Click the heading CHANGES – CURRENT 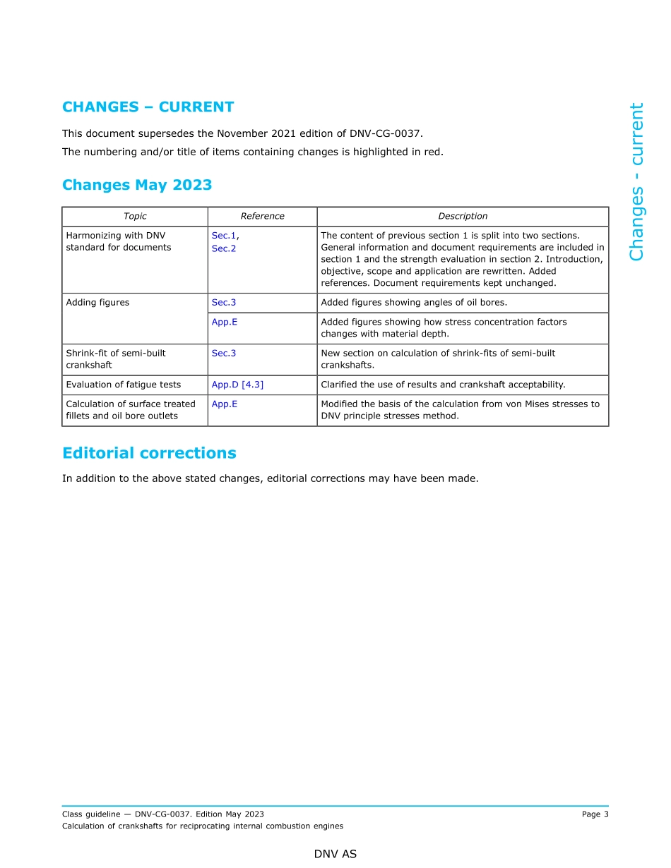[148, 107]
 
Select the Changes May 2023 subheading [137, 185]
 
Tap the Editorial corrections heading [149, 453]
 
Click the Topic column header [135, 217]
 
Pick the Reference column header [262, 217]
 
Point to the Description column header [463, 217]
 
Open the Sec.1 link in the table [224, 236]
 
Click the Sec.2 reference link [224, 248]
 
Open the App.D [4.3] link [237, 385]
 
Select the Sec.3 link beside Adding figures [224, 303]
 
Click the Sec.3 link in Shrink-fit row [224, 353]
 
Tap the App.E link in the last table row [225, 404]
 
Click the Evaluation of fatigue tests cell [123, 385]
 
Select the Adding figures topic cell [97, 303]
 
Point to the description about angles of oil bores [414, 303]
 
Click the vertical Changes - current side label [636, 182]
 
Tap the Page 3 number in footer [595, 814]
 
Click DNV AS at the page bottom [335, 854]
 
